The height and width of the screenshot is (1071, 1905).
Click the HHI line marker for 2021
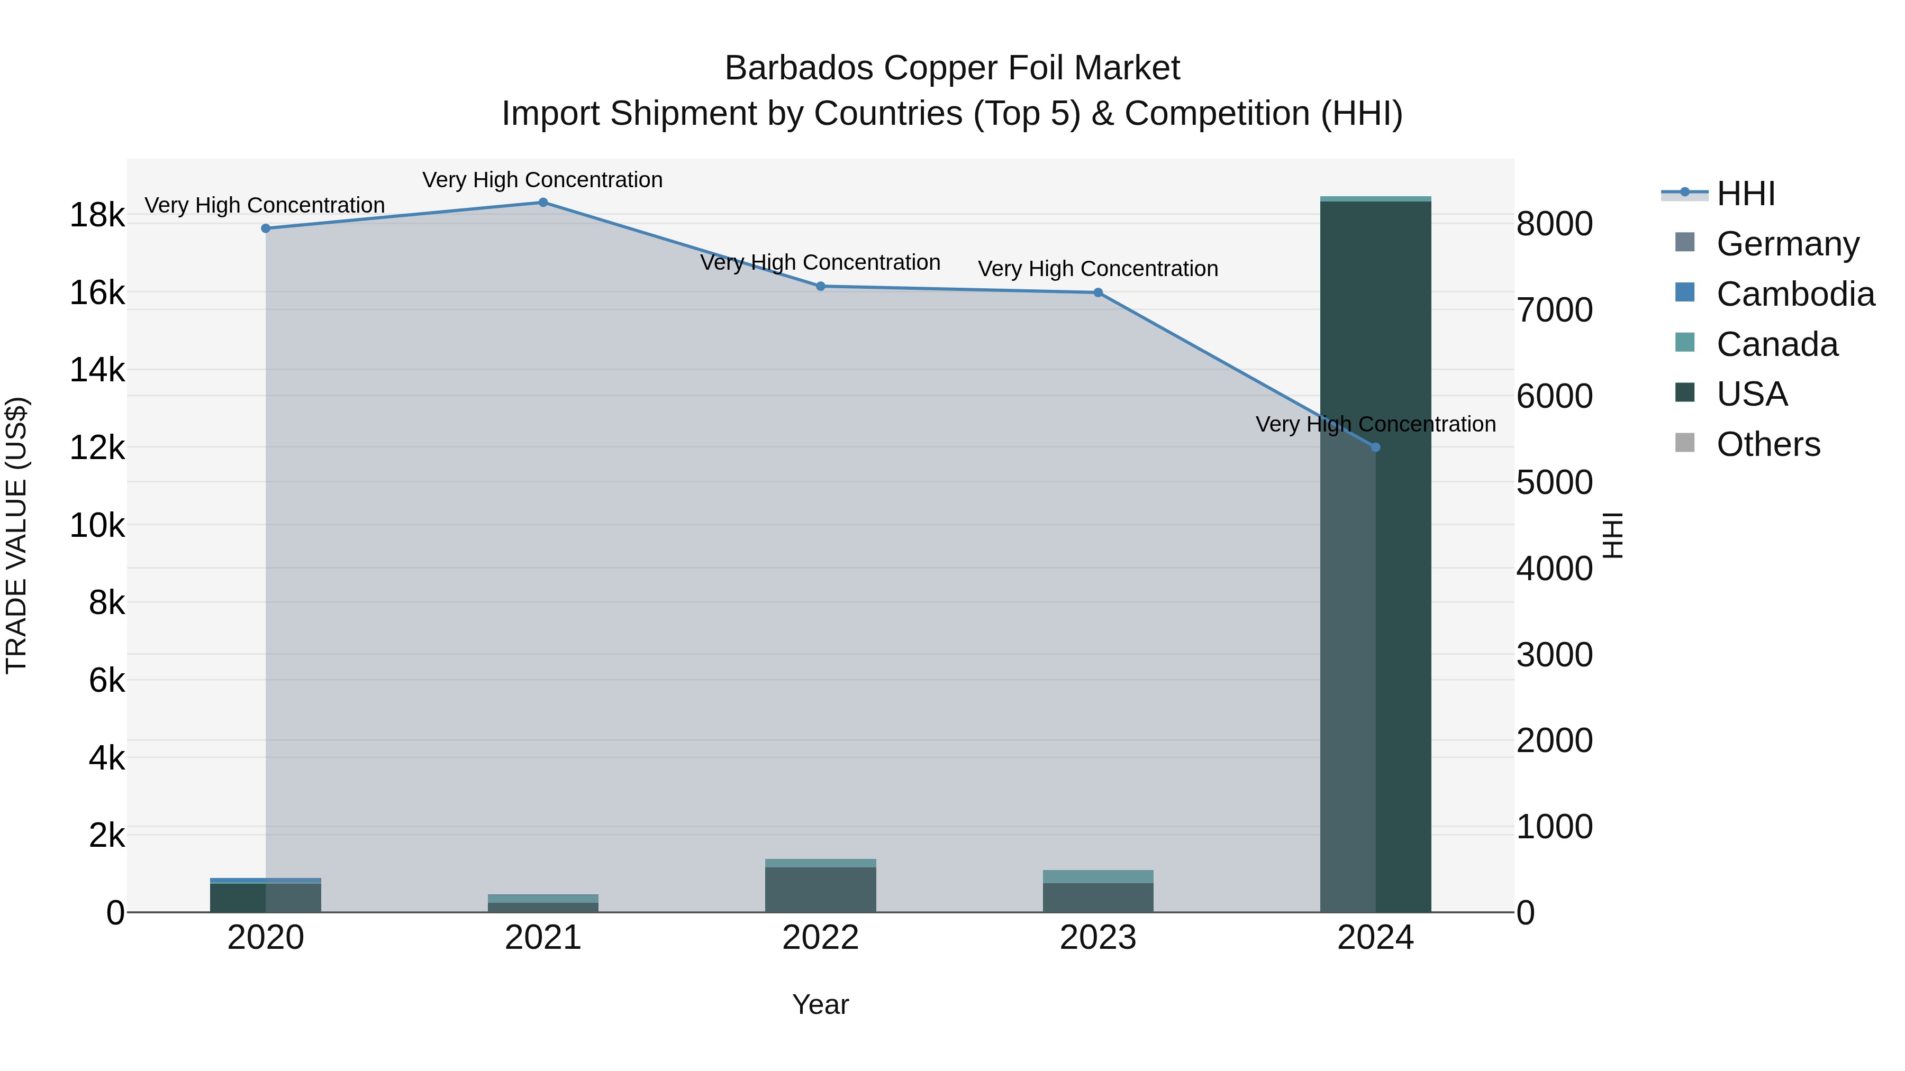[x=543, y=203]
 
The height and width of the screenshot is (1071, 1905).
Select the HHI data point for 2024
[x=1375, y=447]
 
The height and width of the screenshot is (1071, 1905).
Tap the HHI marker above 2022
[x=820, y=286]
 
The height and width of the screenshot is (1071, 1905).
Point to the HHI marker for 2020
[x=266, y=228]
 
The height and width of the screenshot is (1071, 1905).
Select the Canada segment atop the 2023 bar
[x=1097, y=876]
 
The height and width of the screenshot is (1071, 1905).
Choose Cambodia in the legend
[x=1795, y=294]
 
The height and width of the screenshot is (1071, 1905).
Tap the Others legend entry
[x=1767, y=444]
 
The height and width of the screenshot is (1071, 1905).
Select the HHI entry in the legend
[x=1745, y=194]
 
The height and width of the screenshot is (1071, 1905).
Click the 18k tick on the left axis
[x=97, y=216]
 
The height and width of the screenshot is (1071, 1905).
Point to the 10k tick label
[x=97, y=526]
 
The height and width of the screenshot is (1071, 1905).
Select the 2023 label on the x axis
[x=1097, y=938]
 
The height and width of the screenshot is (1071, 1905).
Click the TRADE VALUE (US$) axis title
[x=16, y=535]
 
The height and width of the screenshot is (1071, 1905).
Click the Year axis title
[x=820, y=1004]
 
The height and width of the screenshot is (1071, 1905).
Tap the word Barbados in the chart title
[x=800, y=68]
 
